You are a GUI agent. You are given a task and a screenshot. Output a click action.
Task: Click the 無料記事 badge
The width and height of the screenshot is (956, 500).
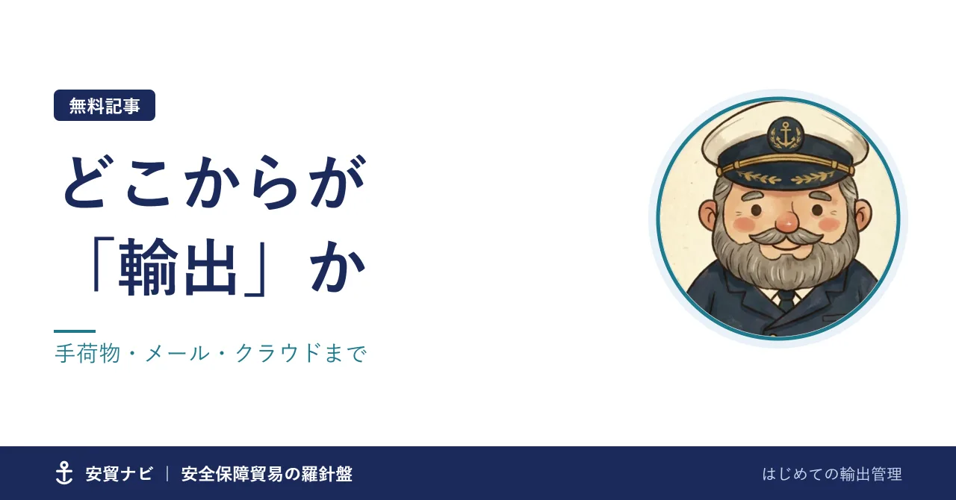tap(105, 105)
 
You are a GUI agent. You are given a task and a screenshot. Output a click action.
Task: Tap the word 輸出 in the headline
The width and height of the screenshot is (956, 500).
tap(177, 267)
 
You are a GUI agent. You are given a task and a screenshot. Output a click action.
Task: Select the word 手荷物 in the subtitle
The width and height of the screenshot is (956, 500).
tap(87, 354)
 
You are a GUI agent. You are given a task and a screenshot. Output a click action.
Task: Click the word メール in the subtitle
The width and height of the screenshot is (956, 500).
tap(178, 354)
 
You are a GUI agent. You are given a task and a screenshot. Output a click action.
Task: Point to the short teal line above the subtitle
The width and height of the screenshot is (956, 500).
tap(75, 331)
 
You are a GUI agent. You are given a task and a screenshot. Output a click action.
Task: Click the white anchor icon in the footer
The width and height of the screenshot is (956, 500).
tap(64, 472)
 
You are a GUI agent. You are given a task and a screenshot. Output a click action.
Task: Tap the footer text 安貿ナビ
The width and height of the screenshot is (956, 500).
tap(119, 474)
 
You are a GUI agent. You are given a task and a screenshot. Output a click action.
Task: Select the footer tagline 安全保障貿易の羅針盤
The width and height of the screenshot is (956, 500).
tap(267, 474)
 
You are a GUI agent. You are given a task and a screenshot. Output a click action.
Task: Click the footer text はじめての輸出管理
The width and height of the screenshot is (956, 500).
tap(832, 474)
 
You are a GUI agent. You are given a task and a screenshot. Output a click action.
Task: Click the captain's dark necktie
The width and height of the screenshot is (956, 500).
tap(786, 299)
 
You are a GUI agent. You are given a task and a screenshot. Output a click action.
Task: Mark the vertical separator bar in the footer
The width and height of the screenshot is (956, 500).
tap(167, 474)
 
